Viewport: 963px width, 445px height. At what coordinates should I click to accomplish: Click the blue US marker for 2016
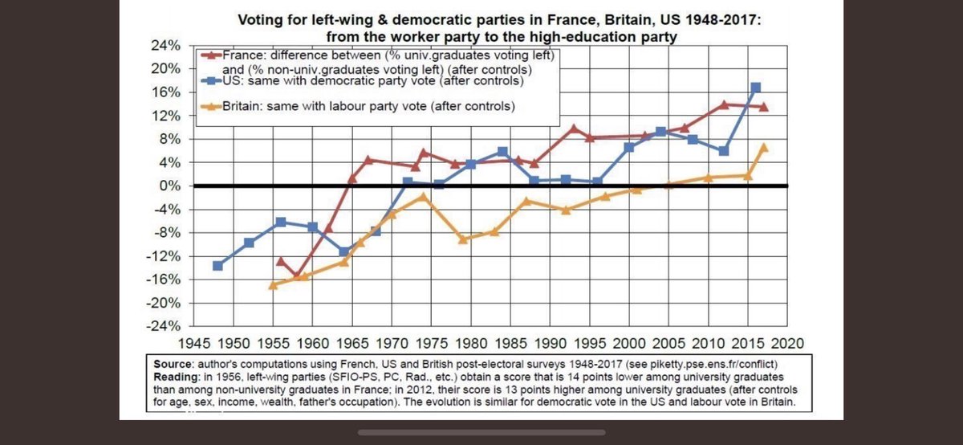[x=755, y=88]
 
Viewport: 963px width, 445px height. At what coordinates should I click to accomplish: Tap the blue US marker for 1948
[x=217, y=265]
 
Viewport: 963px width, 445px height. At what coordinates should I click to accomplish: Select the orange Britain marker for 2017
[x=763, y=147]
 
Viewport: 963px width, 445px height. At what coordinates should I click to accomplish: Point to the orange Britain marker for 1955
[x=273, y=284]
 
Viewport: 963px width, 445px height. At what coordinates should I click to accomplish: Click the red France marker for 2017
[x=763, y=107]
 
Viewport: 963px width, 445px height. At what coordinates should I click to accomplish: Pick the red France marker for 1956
[x=280, y=261]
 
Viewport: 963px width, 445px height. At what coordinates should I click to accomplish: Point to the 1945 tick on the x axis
[x=195, y=341]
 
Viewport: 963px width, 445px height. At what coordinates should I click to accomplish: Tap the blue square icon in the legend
[x=211, y=81]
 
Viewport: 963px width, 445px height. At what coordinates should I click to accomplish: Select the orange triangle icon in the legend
[x=211, y=106]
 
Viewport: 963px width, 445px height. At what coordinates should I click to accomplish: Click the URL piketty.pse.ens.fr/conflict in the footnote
[x=709, y=363]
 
